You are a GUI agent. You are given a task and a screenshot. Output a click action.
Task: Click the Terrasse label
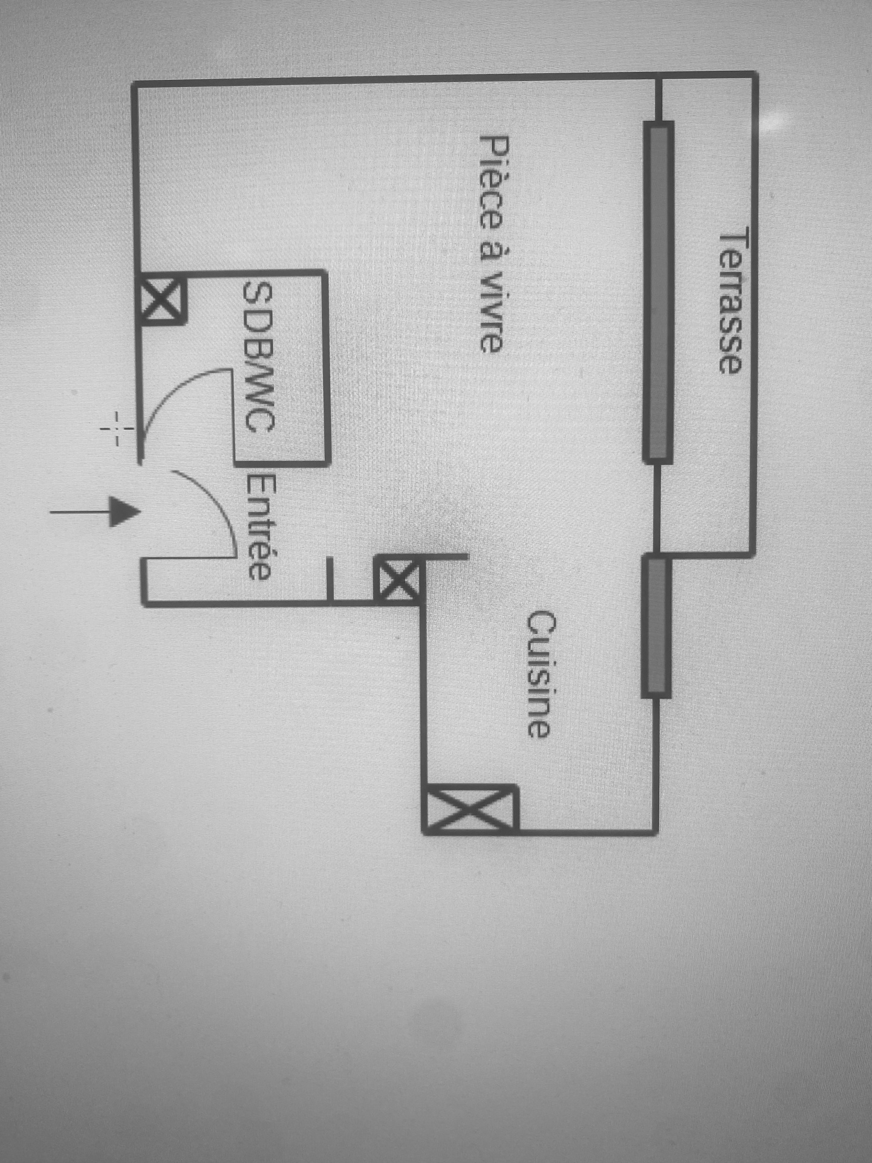tap(729, 300)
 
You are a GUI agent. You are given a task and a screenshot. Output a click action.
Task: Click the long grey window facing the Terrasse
tap(657, 292)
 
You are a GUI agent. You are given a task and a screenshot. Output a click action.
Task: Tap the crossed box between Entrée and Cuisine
tap(397, 579)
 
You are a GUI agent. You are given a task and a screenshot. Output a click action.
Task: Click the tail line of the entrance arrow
tap(80, 512)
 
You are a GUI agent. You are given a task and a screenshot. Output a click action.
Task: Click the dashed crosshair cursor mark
tap(117, 429)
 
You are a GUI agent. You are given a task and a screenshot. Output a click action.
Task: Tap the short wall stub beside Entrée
tap(330, 579)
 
